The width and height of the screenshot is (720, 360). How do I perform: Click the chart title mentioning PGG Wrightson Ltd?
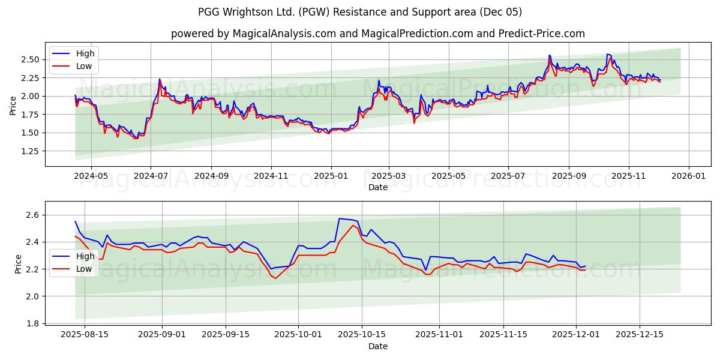[x=359, y=12]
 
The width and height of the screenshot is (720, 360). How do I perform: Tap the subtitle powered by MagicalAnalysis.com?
[x=377, y=34]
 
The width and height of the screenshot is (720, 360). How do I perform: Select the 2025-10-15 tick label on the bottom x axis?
[x=361, y=334]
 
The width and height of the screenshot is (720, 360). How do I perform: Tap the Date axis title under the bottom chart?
[x=377, y=346]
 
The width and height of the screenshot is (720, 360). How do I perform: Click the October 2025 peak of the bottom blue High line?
[x=340, y=218]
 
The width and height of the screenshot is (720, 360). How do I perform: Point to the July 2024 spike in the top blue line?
[x=160, y=79]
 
